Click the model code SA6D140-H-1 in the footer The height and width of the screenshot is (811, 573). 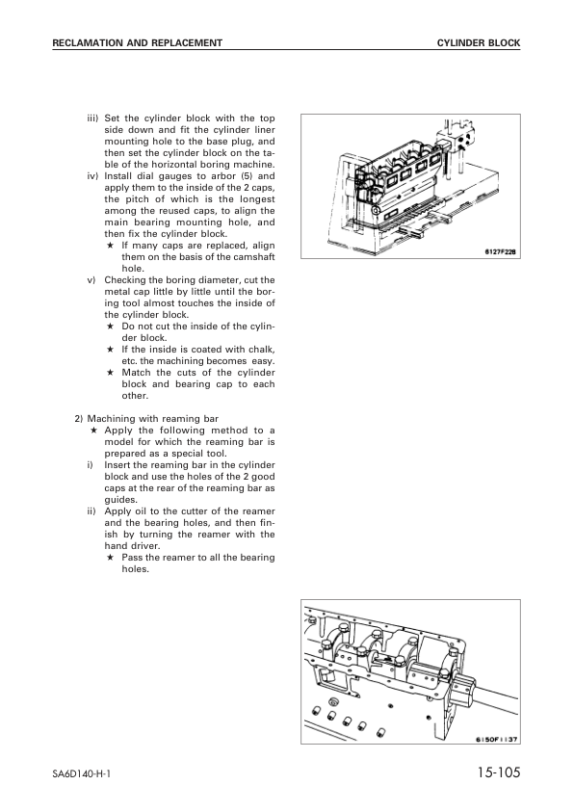click(x=82, y=775)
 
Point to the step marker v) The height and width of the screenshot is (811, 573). click(x=94, y=280)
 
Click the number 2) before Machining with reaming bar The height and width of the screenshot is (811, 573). click(x=80, y=419)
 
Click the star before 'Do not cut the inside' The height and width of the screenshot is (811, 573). click(x=111, y=327)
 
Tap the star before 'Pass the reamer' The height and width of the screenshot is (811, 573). click(x=111, y=558)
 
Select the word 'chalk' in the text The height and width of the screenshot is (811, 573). click(x=260, y=350)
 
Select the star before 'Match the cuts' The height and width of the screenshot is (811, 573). click(x=111, y=373)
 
